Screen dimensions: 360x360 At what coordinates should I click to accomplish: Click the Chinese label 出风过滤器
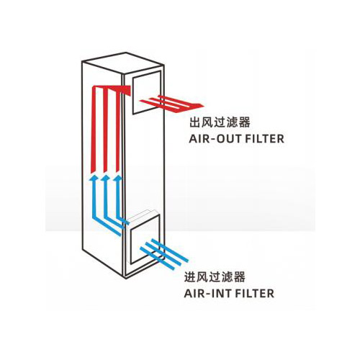[x=220, y=122]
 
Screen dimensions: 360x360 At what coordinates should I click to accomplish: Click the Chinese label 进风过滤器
[x=215, y=276]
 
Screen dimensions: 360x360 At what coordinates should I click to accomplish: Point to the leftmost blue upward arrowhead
[x=94, y=178]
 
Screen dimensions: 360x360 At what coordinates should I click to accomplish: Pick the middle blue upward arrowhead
[x=106, y=178]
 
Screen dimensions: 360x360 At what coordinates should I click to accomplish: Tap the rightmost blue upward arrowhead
[x=118, y=178]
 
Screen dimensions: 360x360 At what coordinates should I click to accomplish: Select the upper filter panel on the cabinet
[x=146, y=93]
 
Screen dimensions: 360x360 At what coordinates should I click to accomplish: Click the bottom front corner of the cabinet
[x=125, y=279]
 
